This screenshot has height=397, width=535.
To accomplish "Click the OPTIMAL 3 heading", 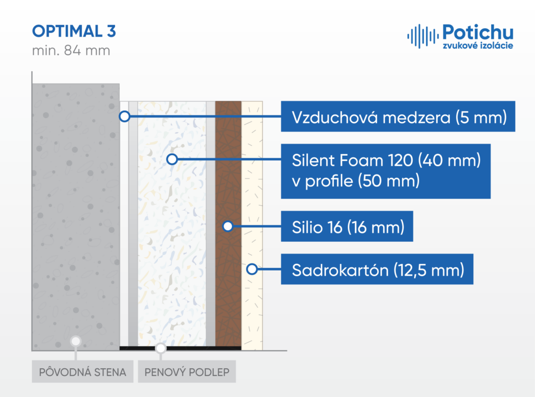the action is click(74, 31).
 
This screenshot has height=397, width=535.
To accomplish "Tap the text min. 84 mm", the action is click(71, 51).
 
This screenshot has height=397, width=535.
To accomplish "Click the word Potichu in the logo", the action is click(478, 32).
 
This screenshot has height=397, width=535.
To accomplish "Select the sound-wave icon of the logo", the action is click(423, 36).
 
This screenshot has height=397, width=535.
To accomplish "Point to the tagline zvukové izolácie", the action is click(478, 45).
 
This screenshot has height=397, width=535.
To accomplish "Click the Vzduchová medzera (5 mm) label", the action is click(398, 116).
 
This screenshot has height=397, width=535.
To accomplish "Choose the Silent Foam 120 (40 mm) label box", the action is click(386, 171).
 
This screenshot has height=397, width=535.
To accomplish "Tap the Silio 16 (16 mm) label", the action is click(347, 227).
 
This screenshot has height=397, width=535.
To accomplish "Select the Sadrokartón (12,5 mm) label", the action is click(377, 269).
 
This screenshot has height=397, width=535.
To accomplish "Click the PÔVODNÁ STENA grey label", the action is click(83, 372).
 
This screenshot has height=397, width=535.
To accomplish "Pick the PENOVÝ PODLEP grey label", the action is click(187, 372).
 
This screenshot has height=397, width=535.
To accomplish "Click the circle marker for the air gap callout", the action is click(124, 116).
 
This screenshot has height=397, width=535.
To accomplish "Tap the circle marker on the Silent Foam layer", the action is click(172, 159).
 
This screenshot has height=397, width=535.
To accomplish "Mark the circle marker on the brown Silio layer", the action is click(228, 226).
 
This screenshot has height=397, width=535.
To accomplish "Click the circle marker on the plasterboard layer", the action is click(252, 269).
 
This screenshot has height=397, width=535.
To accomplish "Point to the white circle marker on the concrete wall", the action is click(75, 341).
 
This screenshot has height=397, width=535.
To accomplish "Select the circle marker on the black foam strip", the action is click(160, 348).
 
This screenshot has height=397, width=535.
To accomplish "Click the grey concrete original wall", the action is click(76, 217).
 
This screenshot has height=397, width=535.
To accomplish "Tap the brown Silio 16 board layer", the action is click(228, 224).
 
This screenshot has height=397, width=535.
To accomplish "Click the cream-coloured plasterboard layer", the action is click(252, 226).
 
